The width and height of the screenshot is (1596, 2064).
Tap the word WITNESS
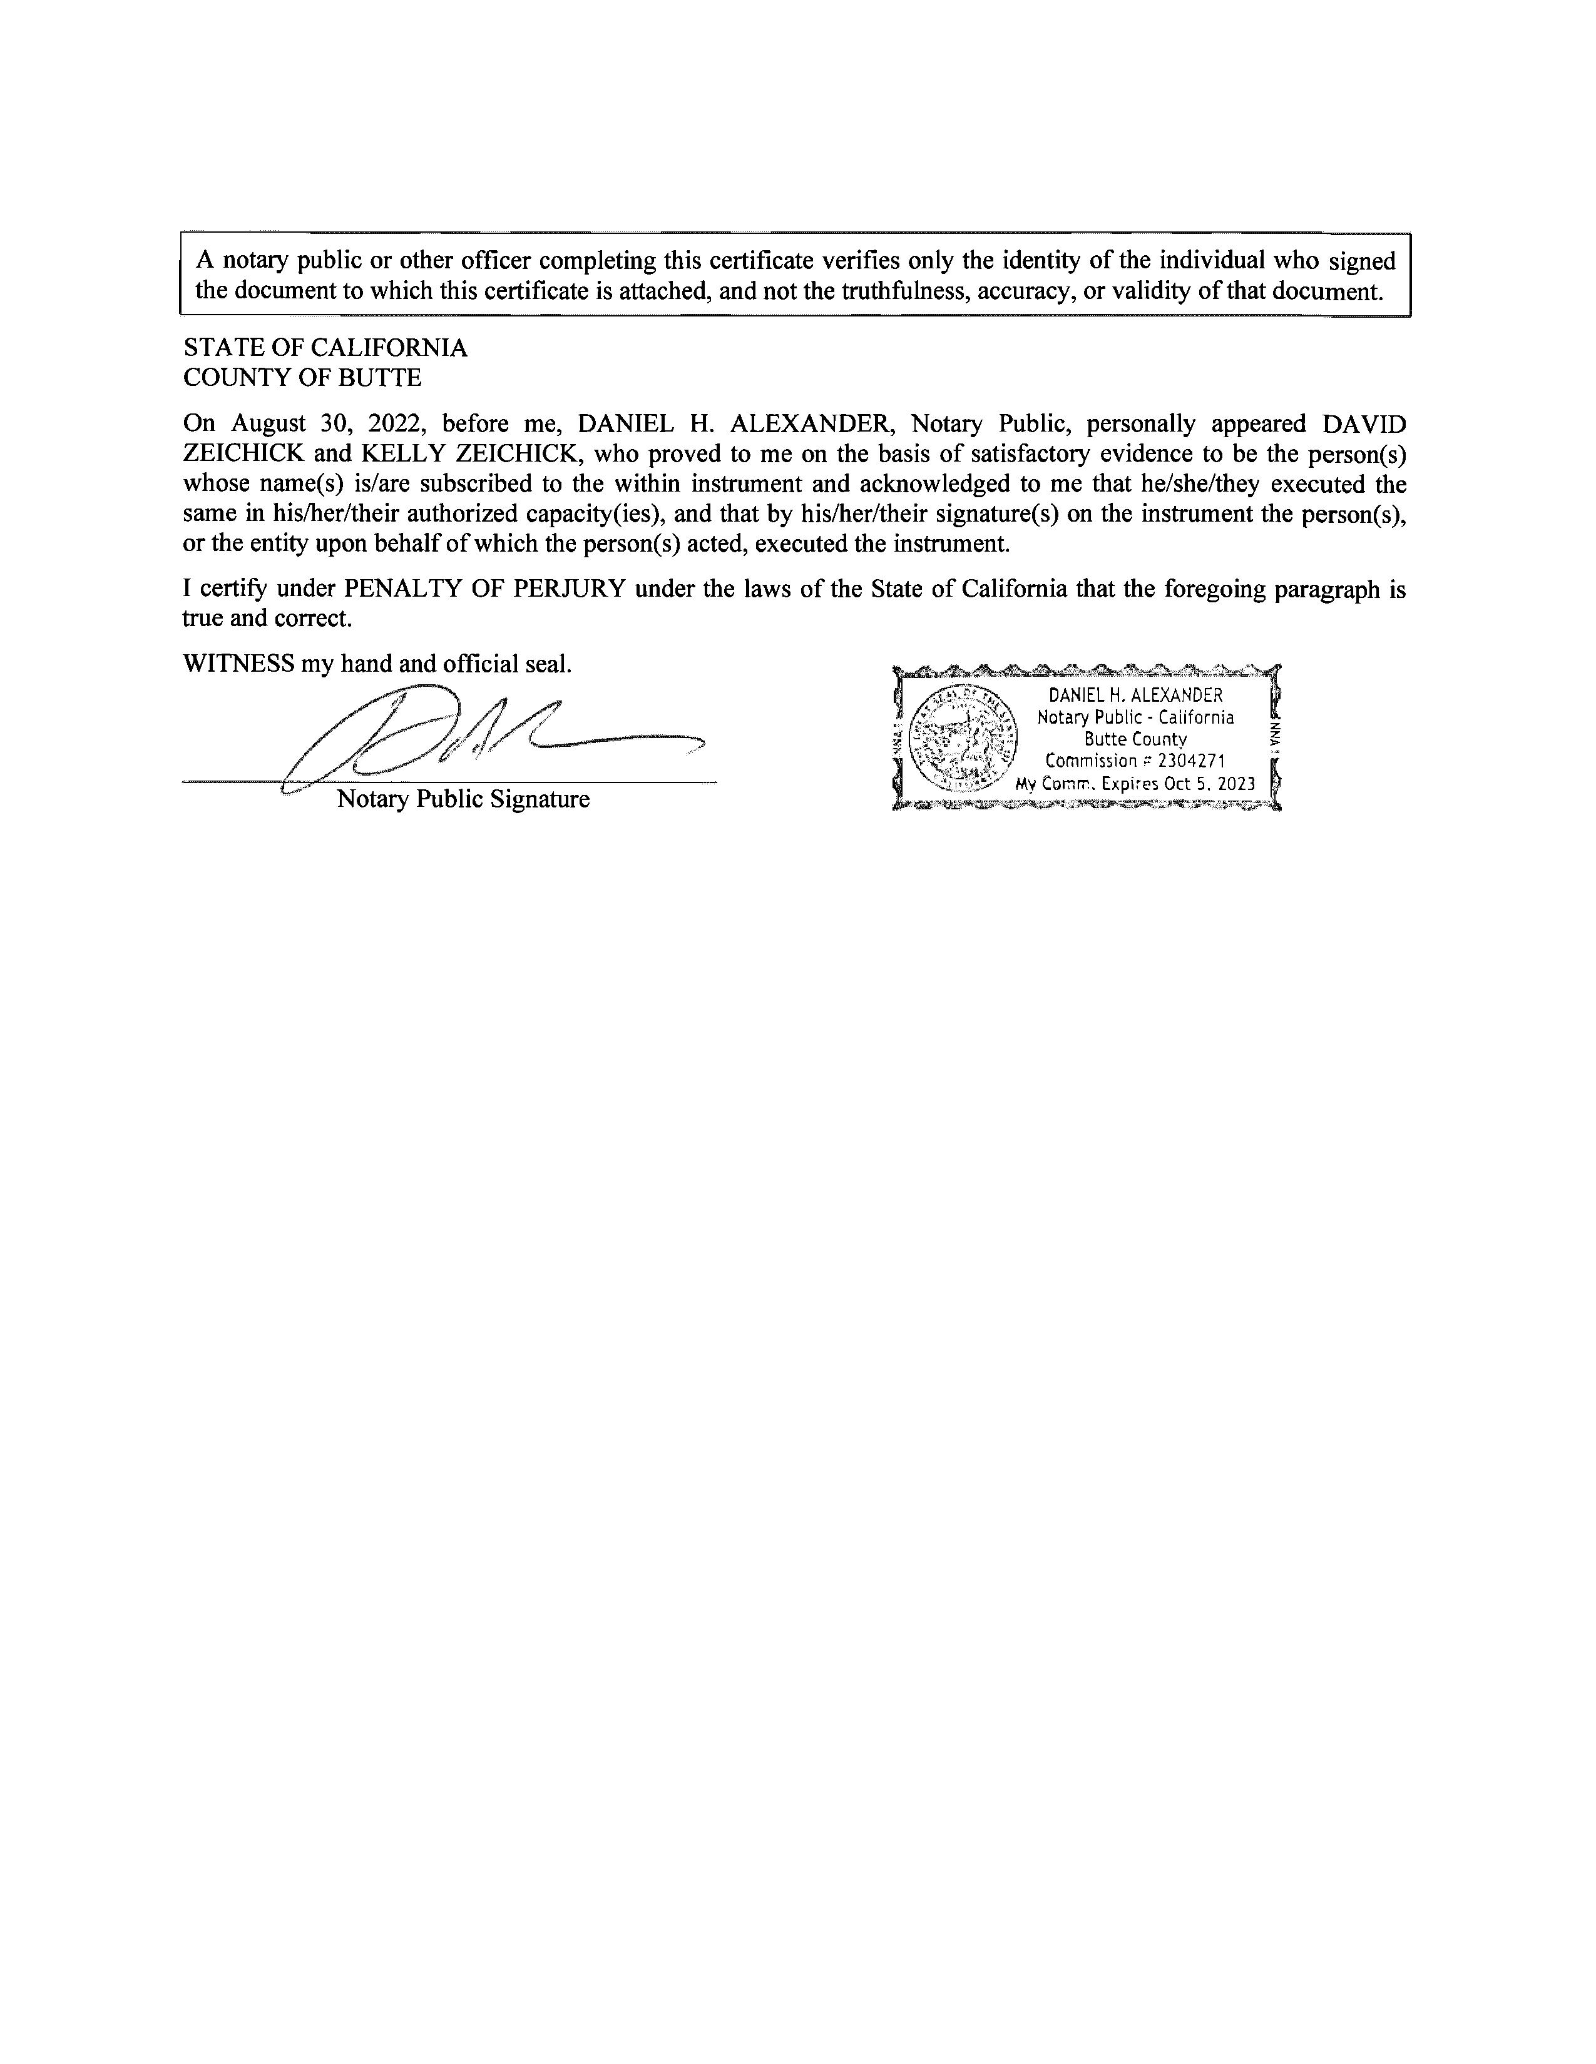238,664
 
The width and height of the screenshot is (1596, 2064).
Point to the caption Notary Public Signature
463,799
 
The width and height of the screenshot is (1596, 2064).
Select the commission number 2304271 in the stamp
1191,761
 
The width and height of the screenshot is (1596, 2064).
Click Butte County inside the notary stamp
1135,739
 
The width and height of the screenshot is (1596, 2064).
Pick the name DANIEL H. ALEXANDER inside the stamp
1135,696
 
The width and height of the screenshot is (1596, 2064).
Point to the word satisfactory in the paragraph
1031,453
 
